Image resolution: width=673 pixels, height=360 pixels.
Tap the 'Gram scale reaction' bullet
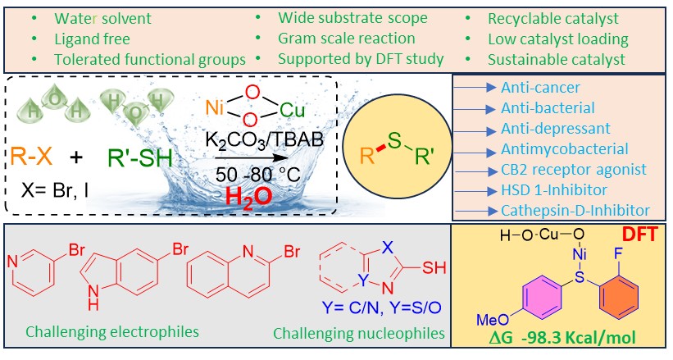(347, 38)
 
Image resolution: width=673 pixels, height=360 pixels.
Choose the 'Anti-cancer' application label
(538, 87)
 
